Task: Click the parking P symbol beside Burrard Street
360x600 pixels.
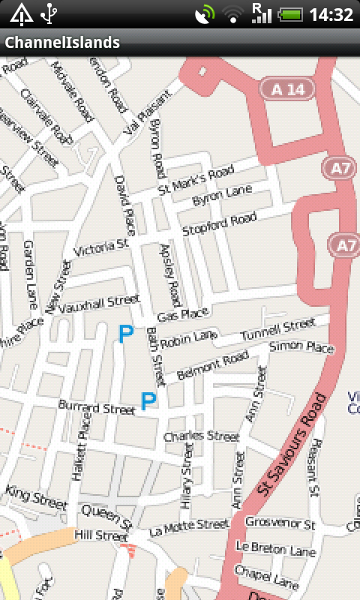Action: tap(148, 402)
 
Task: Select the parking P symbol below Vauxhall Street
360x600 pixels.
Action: tap(125, 334)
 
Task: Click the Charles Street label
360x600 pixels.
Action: tap(200, 436)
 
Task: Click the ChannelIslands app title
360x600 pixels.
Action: tap(62, 43)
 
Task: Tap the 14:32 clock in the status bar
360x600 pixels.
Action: tap(331, 14)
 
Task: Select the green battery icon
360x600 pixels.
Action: tap(292, 14)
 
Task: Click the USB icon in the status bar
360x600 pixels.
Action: tap(49, 13)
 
